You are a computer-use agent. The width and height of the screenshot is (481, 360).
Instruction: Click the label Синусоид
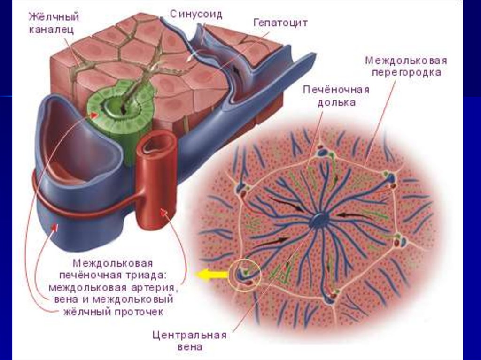point(196,14)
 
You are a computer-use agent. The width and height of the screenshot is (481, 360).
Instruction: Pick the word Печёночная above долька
point(336,90)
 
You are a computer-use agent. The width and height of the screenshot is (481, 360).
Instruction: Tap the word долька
point(336,102)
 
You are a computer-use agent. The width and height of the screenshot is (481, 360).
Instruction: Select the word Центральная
point(189,335)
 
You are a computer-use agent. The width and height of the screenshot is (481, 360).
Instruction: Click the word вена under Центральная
point(189,347)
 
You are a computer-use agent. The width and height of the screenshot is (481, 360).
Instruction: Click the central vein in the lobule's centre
point(320,220)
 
